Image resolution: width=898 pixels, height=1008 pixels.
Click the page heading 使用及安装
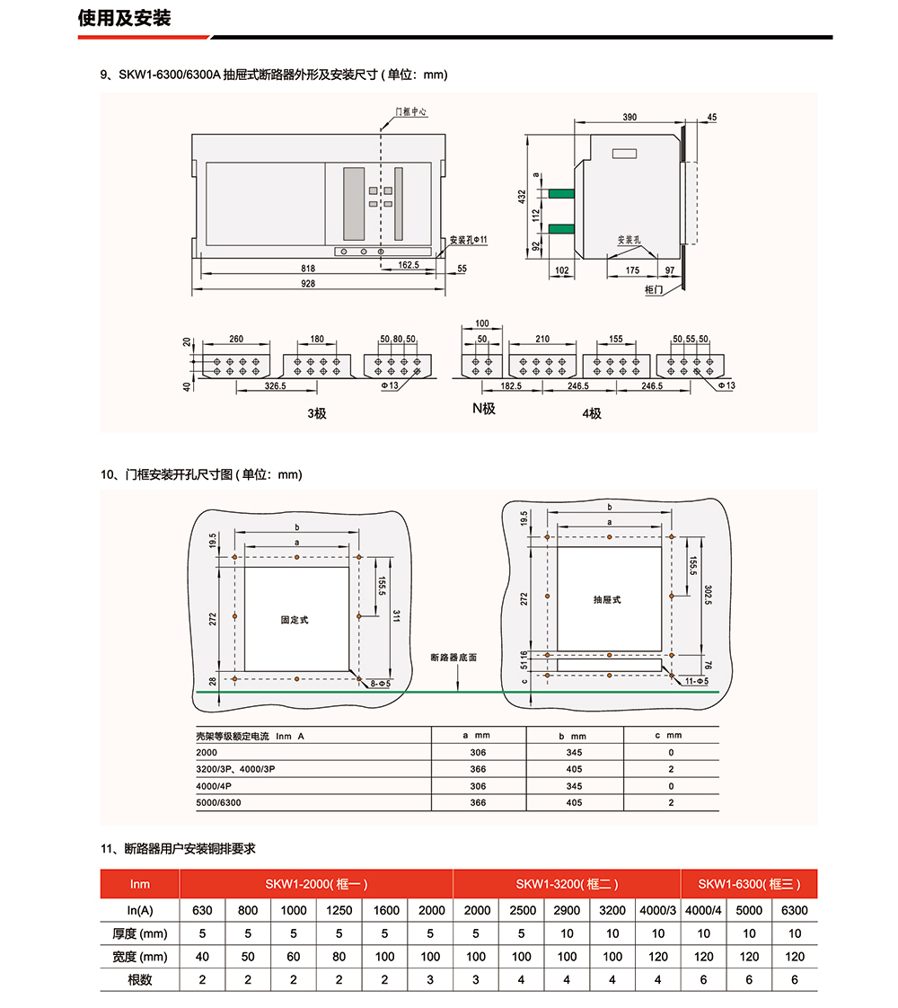pos(124,19)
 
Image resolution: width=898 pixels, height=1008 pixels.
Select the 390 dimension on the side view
pos(629,118)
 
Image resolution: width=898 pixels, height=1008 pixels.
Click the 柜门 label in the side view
pos(654,290)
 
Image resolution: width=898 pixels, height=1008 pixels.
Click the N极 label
pos(485,408)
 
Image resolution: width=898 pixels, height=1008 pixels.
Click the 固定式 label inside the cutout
pos(295,620)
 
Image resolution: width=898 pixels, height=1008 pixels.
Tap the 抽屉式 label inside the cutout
pos(607,599)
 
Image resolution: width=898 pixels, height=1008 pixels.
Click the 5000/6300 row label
pos(218,802)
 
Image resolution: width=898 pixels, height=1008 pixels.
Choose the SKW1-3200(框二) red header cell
pos(567,884)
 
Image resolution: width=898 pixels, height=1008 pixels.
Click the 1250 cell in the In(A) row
pos(339,910)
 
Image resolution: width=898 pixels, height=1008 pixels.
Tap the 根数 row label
pos(140,979)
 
